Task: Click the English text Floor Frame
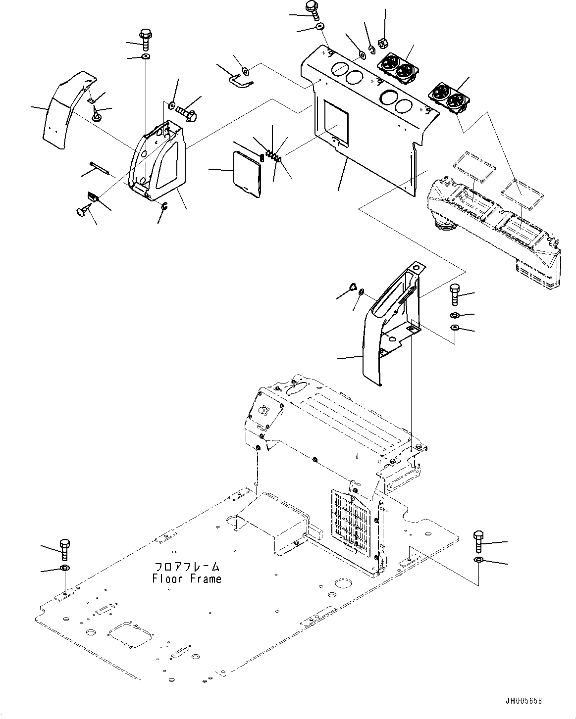(187, 578)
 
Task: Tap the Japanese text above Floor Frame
(187, 567)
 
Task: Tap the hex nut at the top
(383, 43)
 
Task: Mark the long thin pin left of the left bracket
(101, 166)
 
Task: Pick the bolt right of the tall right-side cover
(455, 295)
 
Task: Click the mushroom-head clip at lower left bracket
(82, 213)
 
